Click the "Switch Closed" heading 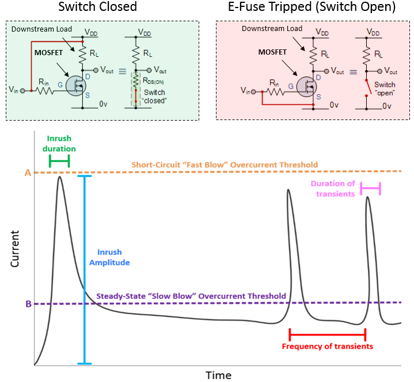click(x=101, y=7)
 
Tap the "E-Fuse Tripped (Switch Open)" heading click(x=312, y=7)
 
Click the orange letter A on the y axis click(x=28, y=172)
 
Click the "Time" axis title click(x=219, y=375)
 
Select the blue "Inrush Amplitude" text click(x=113, y=257)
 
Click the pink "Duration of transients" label click(x=333, y=188)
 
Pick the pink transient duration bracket click(x=370, y=187)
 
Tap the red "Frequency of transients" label click(x=327, y=346)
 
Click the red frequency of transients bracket click(x=327, y=333)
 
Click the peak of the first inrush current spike click(x=59, y=178)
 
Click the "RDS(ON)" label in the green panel click(x=155, y=80)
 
